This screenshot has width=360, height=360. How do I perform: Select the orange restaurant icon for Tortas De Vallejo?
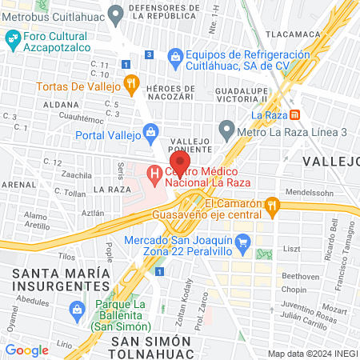tap(133, 85)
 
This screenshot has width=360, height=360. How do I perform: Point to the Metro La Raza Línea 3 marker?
tap(227, 128)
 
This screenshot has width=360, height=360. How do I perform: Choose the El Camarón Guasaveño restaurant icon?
tap(272, 206)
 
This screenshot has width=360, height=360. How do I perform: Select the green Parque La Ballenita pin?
tap(78, 309)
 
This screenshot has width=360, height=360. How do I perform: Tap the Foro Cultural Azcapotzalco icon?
tap(13, 38)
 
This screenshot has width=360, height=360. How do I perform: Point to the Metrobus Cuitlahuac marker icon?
tap(115, 12)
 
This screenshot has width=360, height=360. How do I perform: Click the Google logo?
tap(26, 350)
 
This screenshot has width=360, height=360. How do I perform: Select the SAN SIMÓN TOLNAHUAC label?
tap(152, 347)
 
